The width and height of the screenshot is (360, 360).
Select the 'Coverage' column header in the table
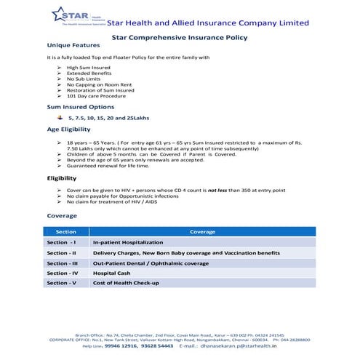tap(202, 231)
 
